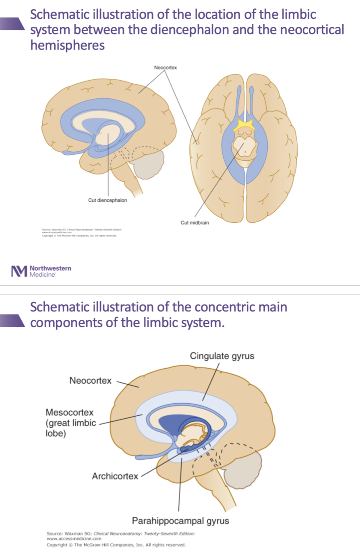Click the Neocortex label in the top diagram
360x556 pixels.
pos(165,67)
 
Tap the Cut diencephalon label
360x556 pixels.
pos(108,200)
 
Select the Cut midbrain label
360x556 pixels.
pos(195,223)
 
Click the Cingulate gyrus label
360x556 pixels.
pos(222,356)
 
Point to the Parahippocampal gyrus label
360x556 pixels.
pos(180,521)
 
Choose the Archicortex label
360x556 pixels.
pos(115,476)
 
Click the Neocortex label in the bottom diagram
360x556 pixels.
pos(90,381)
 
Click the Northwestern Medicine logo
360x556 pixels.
pos(41,271)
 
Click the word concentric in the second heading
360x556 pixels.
pos(217,307)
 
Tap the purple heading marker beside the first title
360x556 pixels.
pos(13,24)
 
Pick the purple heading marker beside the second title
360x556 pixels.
pos(13,320)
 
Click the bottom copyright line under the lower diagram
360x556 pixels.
pos(116,545)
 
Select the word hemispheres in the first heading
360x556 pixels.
pos(67,45)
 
